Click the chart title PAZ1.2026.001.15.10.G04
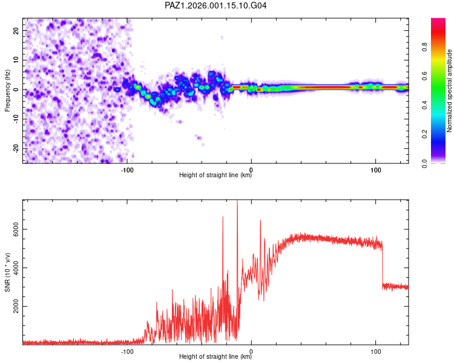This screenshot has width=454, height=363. coord(216,5)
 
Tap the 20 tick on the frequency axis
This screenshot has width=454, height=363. coord(16,30)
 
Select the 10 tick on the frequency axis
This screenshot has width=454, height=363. coord(16,60)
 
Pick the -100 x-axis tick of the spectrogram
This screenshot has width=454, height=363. coord(127,170)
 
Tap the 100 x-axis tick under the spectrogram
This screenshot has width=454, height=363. coord(375,170)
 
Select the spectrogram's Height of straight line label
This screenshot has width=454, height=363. coord(215,175)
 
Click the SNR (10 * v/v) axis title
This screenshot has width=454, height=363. coord(7,272)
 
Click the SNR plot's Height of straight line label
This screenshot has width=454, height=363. coord(215,357)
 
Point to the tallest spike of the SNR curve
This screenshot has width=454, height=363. coord(237,202)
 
